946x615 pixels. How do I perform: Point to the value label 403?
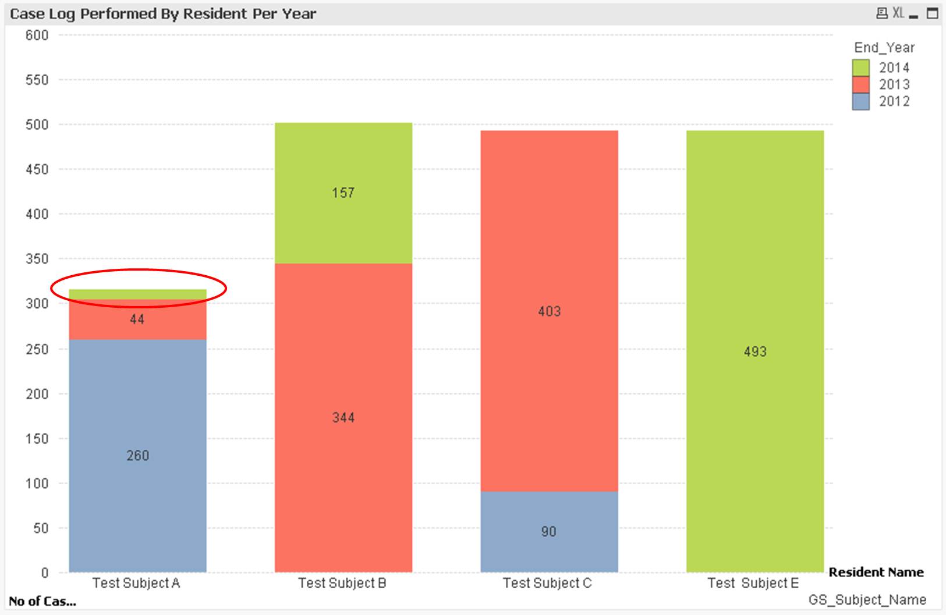click(549, 311)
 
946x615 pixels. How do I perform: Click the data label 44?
click(137, 319)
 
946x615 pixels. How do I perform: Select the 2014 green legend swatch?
click(860, 67)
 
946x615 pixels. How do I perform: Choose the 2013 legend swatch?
click(860, 84)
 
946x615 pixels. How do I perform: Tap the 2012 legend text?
click(894, 101)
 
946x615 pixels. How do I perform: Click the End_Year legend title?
click(884, 48)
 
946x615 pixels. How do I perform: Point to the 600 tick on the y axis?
click(37, 35)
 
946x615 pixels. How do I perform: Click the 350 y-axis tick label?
click(37, 259)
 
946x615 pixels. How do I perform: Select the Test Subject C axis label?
click(547, 583)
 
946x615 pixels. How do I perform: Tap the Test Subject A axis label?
click(136, 583)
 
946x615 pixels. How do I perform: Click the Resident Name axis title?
click(876, 572)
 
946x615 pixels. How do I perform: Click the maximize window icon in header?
click(933, 13)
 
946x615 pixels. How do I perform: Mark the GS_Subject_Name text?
click(867, 600)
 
